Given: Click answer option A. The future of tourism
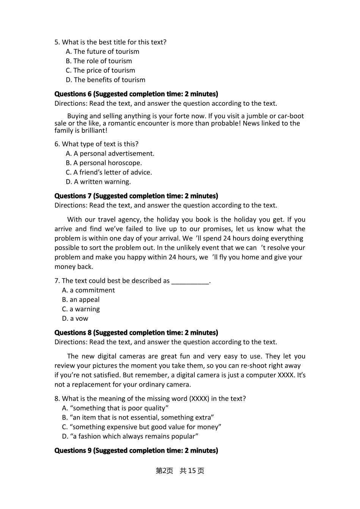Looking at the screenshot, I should click(102, 52).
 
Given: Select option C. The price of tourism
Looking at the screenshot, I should click(100, 70).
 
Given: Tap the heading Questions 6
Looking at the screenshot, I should click(136, 94).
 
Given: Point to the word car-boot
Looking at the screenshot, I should click(291, 116).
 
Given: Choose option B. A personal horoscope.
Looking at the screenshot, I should click(103, 163).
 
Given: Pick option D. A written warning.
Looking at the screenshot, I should click(98, 182).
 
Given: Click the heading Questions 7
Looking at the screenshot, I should click(136, 196).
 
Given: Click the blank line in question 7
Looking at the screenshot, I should click(190, 281).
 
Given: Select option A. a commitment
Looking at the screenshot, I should click(88, 290).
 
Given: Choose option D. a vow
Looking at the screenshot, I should click(75, 319).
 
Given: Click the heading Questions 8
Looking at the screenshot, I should click(136, 333).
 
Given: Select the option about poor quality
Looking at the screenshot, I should click(115, 408).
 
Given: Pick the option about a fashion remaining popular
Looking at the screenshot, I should click(130, 436).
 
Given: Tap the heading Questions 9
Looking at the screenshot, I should click(136, 450).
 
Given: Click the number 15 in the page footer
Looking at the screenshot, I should click(192, 471).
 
